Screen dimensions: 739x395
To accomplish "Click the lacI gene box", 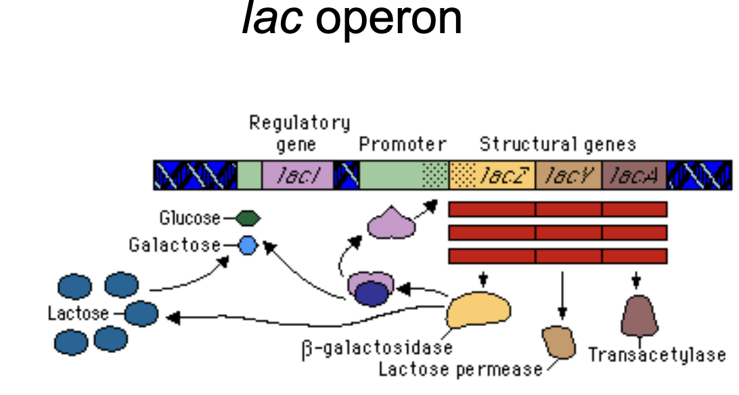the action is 297,175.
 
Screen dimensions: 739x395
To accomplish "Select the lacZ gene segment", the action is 492,175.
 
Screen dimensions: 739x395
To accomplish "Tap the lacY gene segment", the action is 569,175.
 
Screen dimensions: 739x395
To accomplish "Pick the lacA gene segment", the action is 634,175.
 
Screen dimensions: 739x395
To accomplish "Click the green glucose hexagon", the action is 248,218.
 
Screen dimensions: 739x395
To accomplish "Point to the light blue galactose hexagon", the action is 248,246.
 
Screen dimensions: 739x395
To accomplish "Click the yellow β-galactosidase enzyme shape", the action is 478,310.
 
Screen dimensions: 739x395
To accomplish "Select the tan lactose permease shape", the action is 559,342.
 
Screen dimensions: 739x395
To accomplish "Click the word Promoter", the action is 403,145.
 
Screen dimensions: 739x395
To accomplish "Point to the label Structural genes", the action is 558,144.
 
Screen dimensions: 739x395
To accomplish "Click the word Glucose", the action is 190,218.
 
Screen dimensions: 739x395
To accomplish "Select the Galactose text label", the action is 175,245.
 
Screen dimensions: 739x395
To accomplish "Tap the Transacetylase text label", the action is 657,354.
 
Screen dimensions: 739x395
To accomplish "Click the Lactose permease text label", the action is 460,369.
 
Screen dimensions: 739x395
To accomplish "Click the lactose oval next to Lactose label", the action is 141,314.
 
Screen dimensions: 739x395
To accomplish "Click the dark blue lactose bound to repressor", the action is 372,294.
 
